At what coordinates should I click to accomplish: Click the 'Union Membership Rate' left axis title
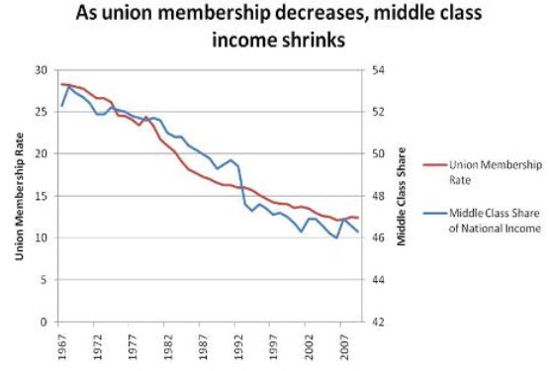[19, 196]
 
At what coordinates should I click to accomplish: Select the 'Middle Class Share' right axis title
[402, 197]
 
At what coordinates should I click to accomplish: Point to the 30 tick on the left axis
[41, 70]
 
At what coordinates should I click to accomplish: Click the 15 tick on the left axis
[41, 196]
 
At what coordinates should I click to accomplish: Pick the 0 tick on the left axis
[44, 322]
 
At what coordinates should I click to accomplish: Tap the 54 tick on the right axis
[378, 70]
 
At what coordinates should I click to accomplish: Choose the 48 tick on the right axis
[378, 196]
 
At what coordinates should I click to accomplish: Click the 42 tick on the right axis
[378, 322]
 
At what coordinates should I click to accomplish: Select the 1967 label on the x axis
[62, 347]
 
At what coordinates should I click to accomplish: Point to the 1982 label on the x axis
[168, 347]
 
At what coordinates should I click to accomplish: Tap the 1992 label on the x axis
[238, 347]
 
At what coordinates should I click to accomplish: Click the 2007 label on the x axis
[344, 347]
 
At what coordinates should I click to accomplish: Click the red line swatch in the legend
[435, 164]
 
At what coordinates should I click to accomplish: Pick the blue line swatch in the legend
[435, 213]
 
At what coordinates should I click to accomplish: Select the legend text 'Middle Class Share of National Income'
[495, 221]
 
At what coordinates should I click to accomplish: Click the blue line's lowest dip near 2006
[337, 237]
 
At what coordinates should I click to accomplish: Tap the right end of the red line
[358, 218]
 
